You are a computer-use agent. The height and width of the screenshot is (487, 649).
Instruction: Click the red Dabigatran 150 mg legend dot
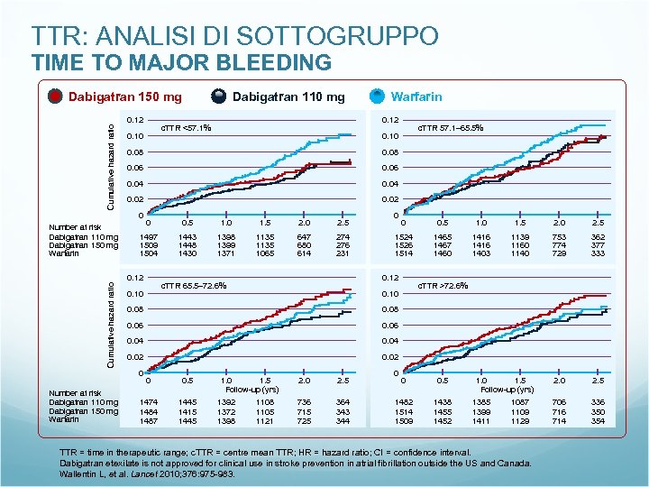click(x=55, y=96)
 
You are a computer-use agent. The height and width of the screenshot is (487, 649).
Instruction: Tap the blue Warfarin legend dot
click(x=378, y=96)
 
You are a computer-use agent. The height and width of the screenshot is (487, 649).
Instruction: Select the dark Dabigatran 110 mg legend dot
click(x=219, y=96)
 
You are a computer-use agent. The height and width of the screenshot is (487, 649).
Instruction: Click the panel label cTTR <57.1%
click(x=186, y=128)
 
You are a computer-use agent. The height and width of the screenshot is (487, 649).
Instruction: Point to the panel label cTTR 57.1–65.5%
click(x=451, y=128)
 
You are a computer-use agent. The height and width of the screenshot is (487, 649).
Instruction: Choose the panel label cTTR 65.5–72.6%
click(x=193, y=286)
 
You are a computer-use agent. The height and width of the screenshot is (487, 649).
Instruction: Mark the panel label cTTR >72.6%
click(x=442, y=286)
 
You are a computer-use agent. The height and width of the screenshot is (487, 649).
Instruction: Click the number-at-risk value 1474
click(x=150, y=403)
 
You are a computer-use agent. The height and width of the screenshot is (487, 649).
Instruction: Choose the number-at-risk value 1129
click(x=521, y=421)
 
